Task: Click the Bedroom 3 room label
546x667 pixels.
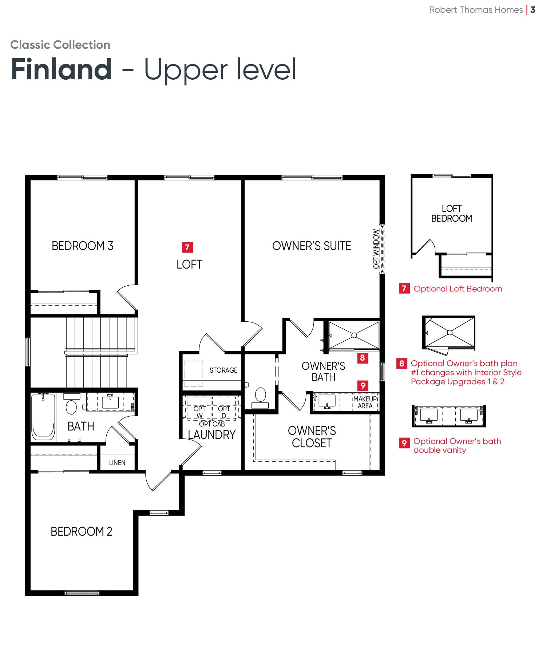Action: [83, 246]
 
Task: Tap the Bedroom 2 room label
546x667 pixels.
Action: [82, 532]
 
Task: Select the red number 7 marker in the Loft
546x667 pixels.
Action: [187, 247]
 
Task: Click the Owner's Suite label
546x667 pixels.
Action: [312, 246]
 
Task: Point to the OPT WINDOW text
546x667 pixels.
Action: [376, 249]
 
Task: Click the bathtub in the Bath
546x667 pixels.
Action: [43, 417]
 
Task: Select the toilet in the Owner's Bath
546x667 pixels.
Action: [260, 398]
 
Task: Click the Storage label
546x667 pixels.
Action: [223, 370]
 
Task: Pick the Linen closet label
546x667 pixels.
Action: [117, 462]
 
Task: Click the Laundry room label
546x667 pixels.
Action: [212, 434]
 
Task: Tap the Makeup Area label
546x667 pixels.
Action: [365, 402]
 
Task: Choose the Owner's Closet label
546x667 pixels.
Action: [312, 437]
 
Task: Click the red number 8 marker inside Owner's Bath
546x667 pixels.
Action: [363, 358]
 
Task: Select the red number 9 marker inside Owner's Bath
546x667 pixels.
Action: [363, 386]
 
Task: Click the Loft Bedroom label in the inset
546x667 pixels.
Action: [452, 214]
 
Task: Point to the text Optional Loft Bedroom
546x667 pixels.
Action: [458, 289]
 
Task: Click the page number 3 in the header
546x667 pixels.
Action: [533, 10]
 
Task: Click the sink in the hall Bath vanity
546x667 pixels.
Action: [110, 402]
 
